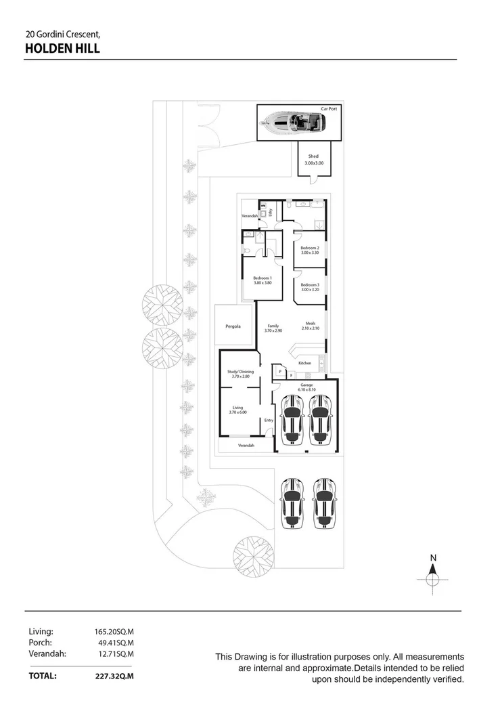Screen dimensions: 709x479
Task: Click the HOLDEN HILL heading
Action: [x=62, y=48]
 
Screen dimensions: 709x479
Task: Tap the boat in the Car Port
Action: [x=294, y=123]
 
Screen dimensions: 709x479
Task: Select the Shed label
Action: [x=313, y=156]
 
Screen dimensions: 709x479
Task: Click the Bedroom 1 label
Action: [x=263, y=278]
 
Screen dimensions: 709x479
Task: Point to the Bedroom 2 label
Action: [x=310, y=248]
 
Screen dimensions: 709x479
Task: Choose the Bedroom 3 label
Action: [x=310, y=284]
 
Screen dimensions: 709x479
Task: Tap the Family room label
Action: [x=273, y=326]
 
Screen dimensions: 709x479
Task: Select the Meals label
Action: [x=311, y=323]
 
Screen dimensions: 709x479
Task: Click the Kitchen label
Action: [x=305, y=364]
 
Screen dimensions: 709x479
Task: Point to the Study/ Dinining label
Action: [x=240, y=371]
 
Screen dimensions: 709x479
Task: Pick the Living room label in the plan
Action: [x=237, y=408]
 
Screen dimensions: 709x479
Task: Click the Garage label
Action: [x=307, y=385]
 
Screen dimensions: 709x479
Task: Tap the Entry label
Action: [x=269, y=420]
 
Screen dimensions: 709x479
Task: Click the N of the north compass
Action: [x=433, y=558]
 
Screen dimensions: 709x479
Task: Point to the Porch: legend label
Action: [x=41, y=642]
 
